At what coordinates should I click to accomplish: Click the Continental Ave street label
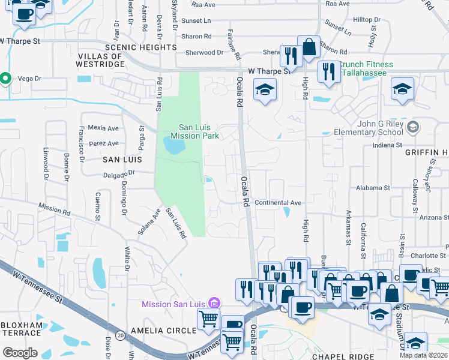[278, 203]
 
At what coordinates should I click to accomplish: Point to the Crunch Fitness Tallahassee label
[367, 69]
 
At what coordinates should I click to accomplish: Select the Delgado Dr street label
[118, 172]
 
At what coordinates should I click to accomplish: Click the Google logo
[20, 353]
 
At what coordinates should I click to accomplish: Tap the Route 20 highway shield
[120, 334]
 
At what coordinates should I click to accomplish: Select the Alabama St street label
[372, 188]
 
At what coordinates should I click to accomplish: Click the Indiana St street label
[387, 145]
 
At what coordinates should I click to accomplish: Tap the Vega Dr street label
[29, 78]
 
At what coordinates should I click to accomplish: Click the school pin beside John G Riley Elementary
[412, 127]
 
